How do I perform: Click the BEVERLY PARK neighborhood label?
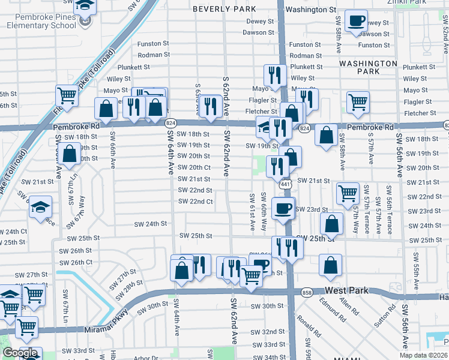(224, 10)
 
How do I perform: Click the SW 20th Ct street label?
(194, 167)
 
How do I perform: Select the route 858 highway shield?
(307, 292)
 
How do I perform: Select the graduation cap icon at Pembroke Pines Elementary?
(86, 6)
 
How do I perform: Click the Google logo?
(20, 352)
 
